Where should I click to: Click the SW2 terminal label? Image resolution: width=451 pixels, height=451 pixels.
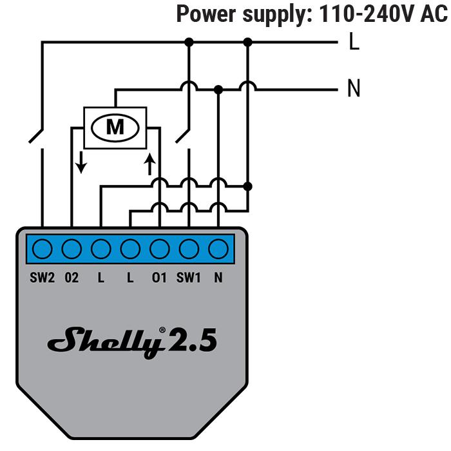[x=42, y=278]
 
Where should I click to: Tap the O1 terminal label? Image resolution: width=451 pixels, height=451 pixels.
[x=159, y=278]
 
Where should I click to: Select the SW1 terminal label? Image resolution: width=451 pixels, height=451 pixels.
[x=188, y=278]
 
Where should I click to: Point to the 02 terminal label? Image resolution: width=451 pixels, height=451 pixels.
[x=72, y=278]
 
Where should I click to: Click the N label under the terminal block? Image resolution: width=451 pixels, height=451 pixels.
[x=218, y=278]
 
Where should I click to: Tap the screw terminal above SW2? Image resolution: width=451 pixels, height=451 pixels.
[x=43, y=249]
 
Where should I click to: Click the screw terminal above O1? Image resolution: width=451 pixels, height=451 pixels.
[x=160, y=249]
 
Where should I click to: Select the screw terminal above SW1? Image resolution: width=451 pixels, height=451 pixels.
[x=189, y=249]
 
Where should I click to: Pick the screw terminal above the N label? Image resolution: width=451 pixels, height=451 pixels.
[x=218, y=249]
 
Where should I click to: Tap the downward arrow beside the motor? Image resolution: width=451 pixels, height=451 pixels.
[x=81, y=162]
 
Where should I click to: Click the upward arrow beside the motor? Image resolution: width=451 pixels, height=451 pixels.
[x=149, y=164]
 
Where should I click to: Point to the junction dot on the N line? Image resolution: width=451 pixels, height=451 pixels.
[x=218, y=90]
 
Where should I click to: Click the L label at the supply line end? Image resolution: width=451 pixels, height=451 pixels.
[x=354, y=41]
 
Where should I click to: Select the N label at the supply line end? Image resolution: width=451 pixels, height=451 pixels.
[x=354, y=88]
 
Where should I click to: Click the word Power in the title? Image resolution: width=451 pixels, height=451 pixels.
[x=206, y=14]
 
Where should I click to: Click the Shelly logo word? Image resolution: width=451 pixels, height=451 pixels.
[x=105, y=342]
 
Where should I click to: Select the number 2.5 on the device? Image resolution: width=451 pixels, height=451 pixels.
[x=192, y=340]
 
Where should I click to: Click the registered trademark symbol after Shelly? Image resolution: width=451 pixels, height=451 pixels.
[x=162, y=330]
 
